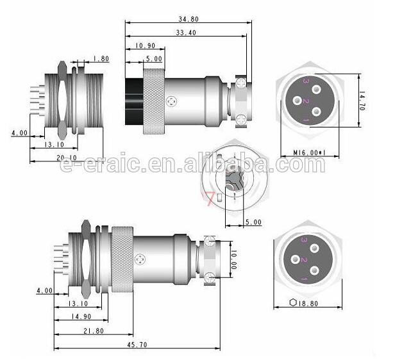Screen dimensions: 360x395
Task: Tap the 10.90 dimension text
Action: point(145,45)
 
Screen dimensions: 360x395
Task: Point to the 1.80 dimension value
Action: point(101,59)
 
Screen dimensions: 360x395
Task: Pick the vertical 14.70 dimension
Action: point(362,101)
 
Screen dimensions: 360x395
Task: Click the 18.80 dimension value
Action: point(312,303)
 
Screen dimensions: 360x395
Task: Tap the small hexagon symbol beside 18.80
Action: point(294,303)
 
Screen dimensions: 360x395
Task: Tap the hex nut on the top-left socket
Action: point(61,99)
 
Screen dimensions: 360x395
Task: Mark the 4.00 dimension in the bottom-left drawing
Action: point(45,290)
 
